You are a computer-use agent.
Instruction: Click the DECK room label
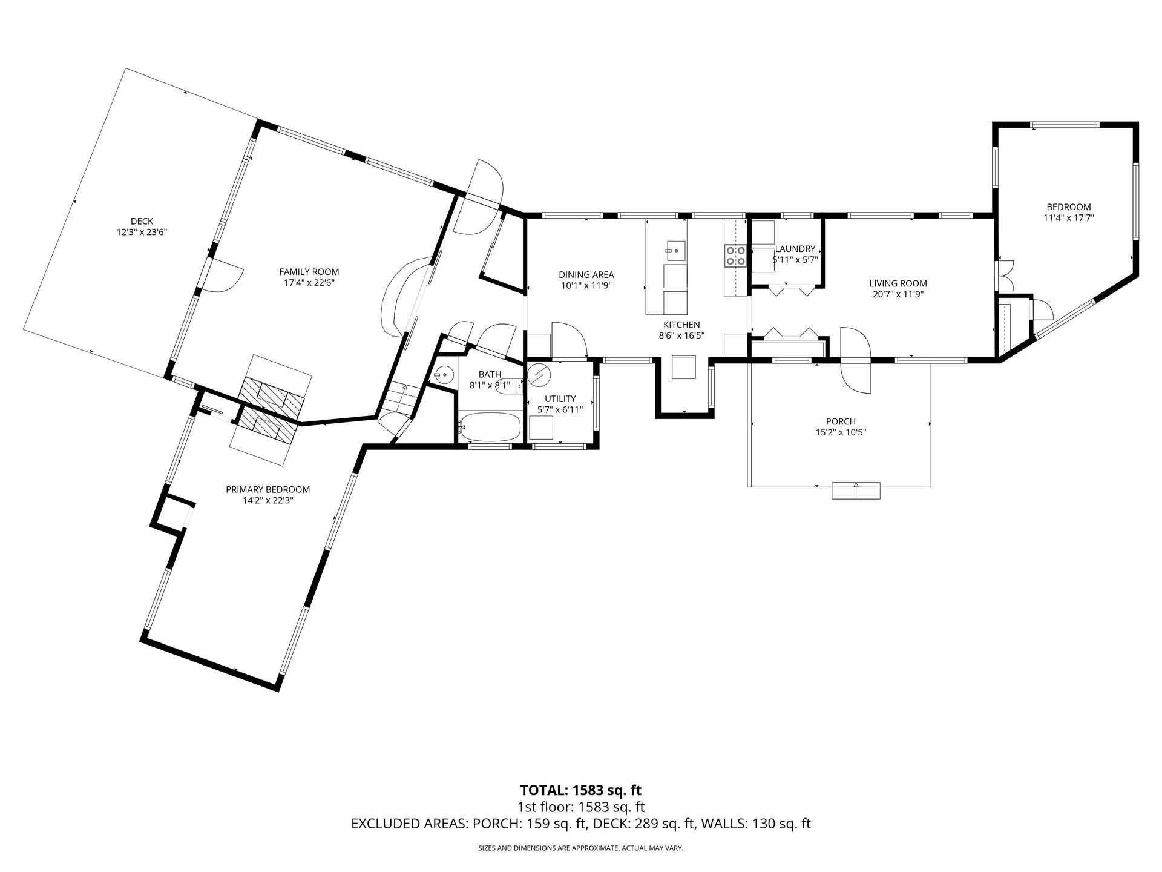point(142,221)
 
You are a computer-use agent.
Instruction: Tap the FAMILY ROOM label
point(309,272)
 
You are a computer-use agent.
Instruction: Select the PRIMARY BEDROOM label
point(268,489)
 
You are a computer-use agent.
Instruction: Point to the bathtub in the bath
point(490,427)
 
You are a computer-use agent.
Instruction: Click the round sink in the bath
point(444,375)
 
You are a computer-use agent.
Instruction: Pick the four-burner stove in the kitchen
point(735,256)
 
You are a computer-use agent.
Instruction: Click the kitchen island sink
point(675,249)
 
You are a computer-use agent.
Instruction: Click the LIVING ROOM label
point(898,283)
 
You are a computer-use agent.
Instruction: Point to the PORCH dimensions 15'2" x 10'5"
point(841,432)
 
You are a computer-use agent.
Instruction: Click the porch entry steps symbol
point(856,490)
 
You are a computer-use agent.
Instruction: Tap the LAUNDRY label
point(795,249)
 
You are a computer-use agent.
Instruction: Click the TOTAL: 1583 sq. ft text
point(581,790)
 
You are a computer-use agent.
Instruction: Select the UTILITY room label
point(560,399)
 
